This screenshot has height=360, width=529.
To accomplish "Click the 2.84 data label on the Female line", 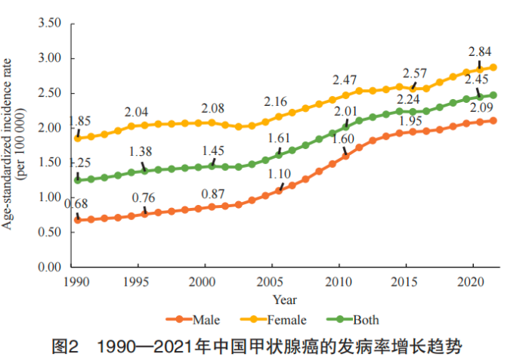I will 480,51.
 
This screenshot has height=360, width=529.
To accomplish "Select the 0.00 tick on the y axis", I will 49,267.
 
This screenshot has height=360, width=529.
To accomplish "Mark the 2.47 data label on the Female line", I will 347,79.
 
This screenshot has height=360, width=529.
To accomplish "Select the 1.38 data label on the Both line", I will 140,152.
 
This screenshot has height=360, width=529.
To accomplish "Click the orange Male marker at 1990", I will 77,220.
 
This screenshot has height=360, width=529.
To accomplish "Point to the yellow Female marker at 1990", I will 77,138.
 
